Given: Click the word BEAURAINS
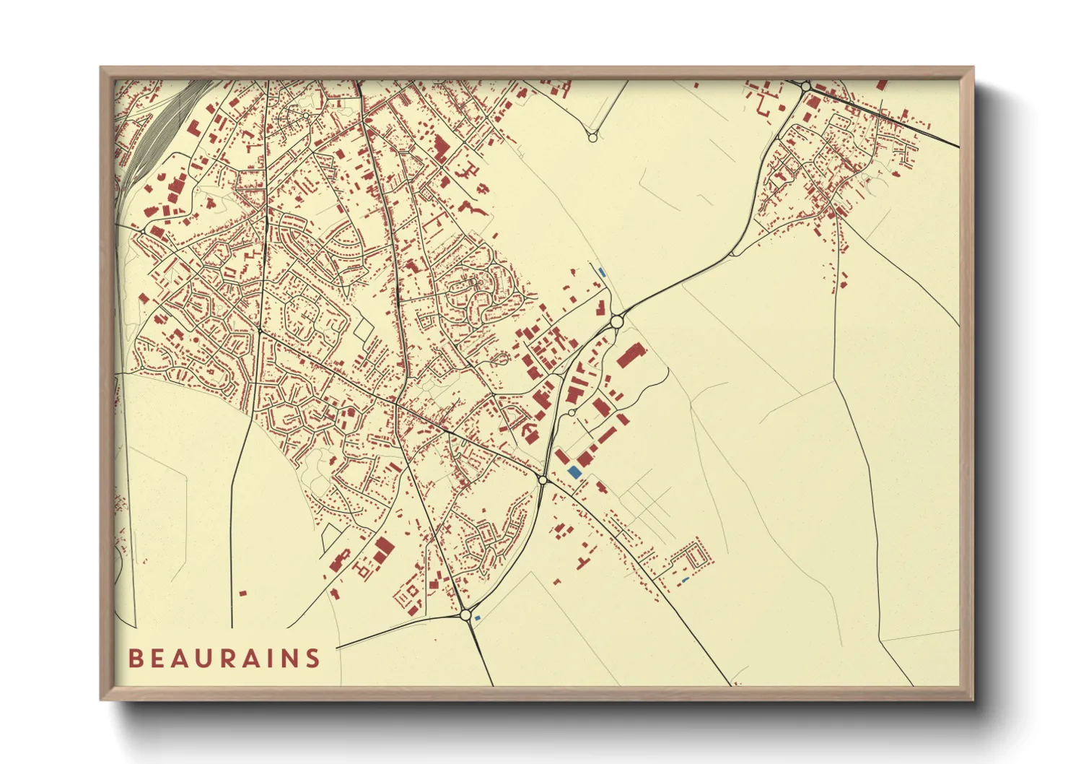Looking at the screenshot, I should tap(224, 658).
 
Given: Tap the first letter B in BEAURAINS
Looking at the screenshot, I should tap(135, 658).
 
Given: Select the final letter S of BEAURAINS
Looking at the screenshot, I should tap(312, 658).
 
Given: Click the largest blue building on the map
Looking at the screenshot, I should tap(574, 472).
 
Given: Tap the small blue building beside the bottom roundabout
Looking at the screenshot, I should tap(478, 617).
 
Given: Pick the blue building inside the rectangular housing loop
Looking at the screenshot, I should tap(685, 580).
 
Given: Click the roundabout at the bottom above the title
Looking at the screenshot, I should tap(465, 615).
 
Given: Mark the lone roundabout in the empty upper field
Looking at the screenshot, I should tap(592, 137).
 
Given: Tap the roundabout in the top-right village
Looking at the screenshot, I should tap(805, 86).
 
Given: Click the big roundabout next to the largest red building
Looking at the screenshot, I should tap(616, 321).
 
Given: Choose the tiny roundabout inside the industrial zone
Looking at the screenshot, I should tap(571, 412).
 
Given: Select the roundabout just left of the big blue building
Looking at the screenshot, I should tap(543, 479).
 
